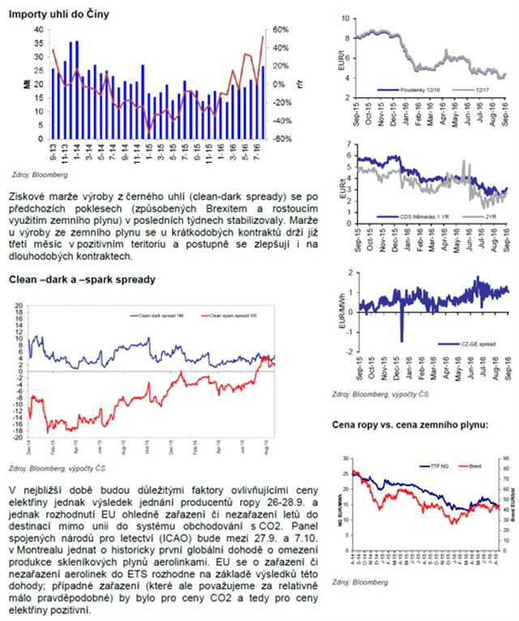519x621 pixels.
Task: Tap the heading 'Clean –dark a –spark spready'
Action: point(81,280)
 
